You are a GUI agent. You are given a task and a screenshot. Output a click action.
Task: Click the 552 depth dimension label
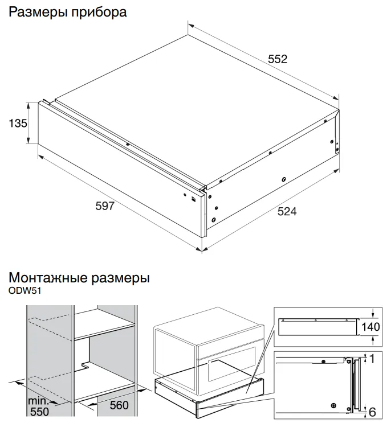pyautogui.click(x=277, y=59)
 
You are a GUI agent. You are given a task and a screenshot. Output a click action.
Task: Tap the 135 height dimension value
pyautogui.click(x=17, y=122)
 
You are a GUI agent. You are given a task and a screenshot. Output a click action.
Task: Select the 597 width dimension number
pyautogui.click(x=105, y=206)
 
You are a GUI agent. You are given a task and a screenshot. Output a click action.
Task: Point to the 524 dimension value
pyautogui.click(x=287, y=212)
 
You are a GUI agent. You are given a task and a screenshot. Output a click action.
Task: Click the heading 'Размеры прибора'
pyautogui.click(x=67, y=12)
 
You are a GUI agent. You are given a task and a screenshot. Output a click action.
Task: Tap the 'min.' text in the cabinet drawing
pyautogui.click(x=38, y=400)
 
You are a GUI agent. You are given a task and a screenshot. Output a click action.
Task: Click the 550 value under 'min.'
pyautogui.click(x=39, y=410)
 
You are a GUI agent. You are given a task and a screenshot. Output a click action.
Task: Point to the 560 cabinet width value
pyautogui.click(x=119, y=405)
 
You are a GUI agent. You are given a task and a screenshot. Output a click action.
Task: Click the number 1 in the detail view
pyautogui.click(x=372, y=359)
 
